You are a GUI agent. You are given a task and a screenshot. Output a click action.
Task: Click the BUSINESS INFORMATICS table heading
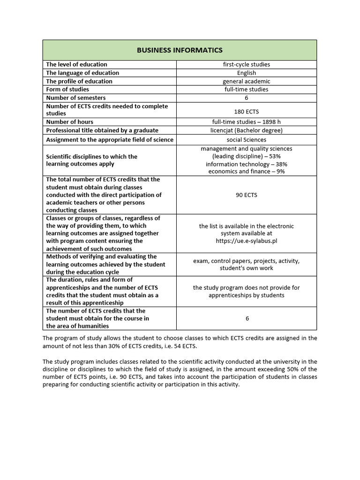[x=180, y=50]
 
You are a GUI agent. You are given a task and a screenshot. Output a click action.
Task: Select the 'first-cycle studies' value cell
[x=246, y=64]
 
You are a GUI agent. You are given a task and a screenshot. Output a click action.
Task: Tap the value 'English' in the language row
[x=246, y=73]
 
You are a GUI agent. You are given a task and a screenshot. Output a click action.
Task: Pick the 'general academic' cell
[x=246, y=81]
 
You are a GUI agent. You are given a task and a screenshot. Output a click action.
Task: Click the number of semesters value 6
[x=246, y=98]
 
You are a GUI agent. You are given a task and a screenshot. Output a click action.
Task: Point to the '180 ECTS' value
[x=246, y=112]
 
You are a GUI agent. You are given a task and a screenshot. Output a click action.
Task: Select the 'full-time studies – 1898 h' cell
[x=246, y=122]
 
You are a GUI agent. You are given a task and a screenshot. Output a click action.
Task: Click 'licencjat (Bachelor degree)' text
[x=246, y=130]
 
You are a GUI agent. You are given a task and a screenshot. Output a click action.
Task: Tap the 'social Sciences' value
[x=246, y=140]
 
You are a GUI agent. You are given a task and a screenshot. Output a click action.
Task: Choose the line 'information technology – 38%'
[x=246, y=164]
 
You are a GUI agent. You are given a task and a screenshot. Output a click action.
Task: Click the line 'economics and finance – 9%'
[x=246, y=172]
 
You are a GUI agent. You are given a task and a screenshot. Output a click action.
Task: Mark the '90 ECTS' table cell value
[x=246, y=195]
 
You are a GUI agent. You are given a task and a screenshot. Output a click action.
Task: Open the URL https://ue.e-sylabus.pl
[x=246, y=241]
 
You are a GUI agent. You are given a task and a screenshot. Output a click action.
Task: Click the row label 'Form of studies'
[x=67, y=90]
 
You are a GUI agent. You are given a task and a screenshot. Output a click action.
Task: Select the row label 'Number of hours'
[x=69, y=122]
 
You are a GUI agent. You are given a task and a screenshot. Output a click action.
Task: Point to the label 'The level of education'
[x=76, y=64]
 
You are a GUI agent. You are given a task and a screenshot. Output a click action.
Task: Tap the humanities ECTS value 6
[x=247, y=319]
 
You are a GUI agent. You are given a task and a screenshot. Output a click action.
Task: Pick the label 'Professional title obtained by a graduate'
[x=102, y=130]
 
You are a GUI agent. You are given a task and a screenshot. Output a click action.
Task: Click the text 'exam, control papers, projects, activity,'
[x=246, y=261]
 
